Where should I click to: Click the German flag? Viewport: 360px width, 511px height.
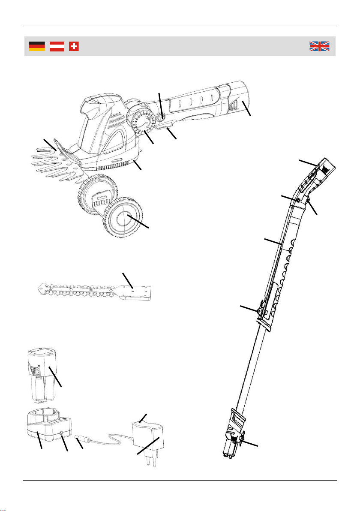(x=37, y=46)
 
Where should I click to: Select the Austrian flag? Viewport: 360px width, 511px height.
(x=57, y=46)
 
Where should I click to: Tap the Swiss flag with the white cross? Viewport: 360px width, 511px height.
(x=74, y=46)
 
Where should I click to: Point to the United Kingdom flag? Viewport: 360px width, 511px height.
(x=319, y=46)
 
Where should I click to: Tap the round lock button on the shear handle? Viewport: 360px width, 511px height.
(x=162, y=116)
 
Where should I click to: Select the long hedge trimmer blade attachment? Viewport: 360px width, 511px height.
(x=94, y=291)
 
